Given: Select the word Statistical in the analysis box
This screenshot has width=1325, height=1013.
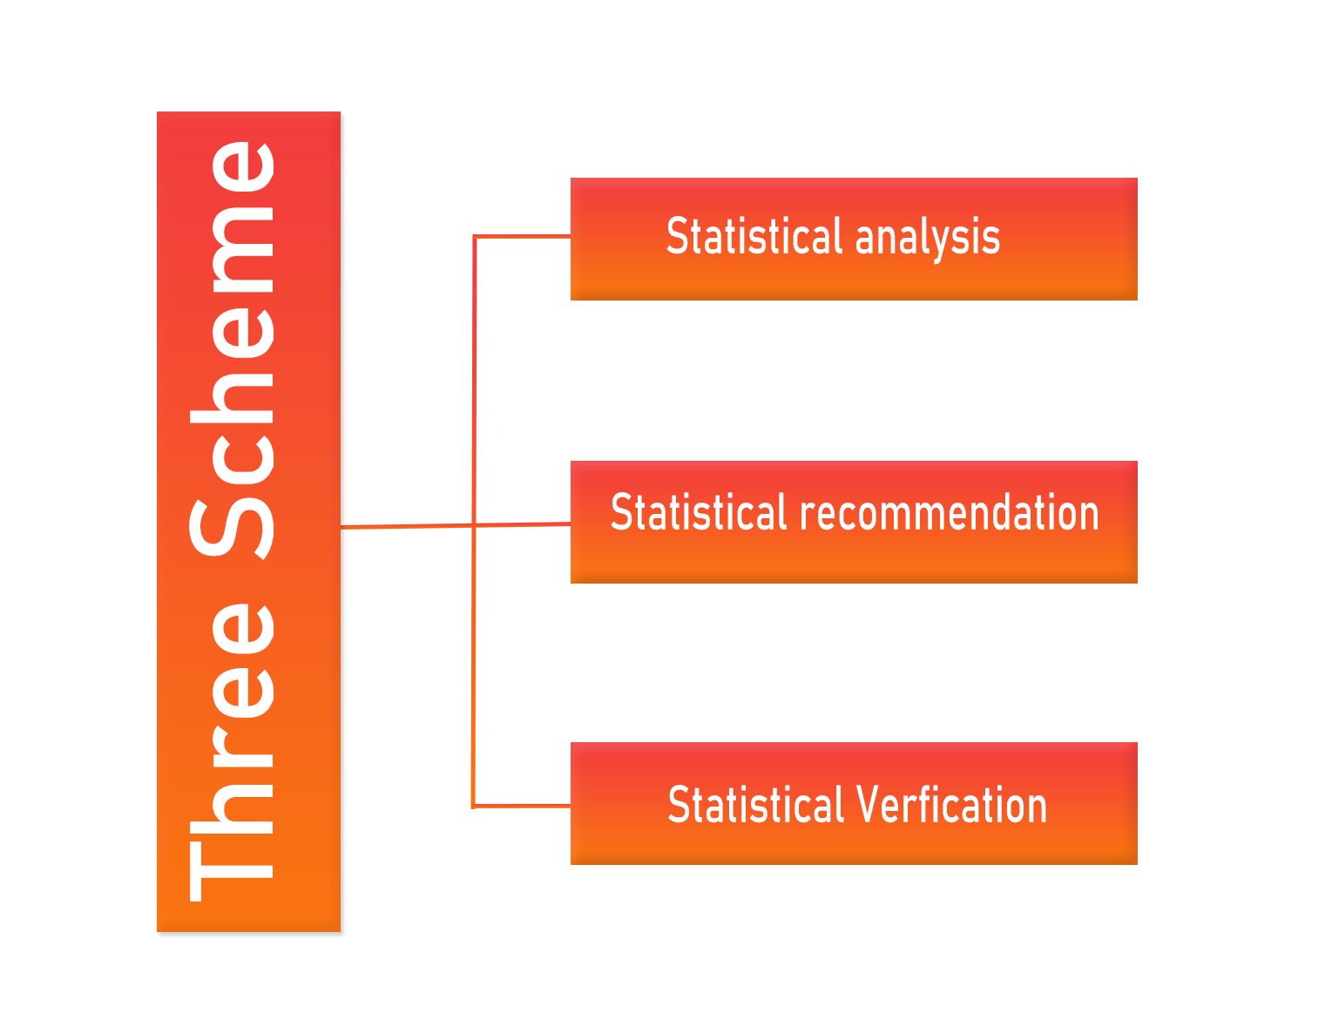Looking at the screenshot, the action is click(754, 235).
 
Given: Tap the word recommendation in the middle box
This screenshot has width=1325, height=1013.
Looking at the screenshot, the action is click(949, 512).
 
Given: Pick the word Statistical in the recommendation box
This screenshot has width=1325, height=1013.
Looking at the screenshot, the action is click(699, 511).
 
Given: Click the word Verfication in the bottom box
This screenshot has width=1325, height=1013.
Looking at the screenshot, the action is click(951, 805).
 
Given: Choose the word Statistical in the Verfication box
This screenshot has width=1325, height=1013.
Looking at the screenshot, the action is click(755, 805).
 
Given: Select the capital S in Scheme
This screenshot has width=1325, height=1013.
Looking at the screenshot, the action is click(232, 528).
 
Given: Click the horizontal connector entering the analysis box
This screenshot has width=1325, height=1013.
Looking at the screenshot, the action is click(522, 237).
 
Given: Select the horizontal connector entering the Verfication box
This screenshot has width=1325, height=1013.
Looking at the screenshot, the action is click(522, 806).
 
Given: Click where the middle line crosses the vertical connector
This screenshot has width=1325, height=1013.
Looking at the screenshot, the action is click(474, 525).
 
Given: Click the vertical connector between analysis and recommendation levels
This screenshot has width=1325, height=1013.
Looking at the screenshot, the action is click(475, 381).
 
